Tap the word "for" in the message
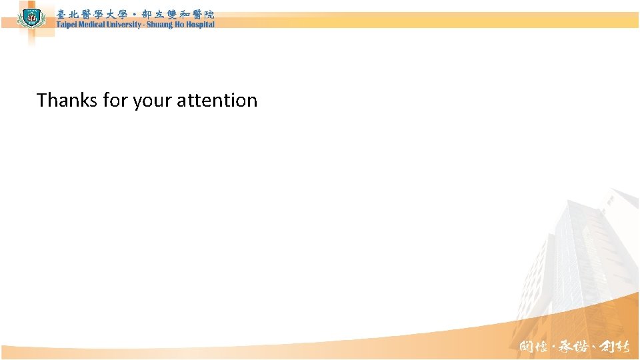point(114,101)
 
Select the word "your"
point(150,101)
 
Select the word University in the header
point(123,25)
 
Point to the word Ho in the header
point(179,25)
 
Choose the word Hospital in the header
point(200,25)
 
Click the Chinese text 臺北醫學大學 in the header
point(91,14)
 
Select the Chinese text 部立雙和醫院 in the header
point(178,14)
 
